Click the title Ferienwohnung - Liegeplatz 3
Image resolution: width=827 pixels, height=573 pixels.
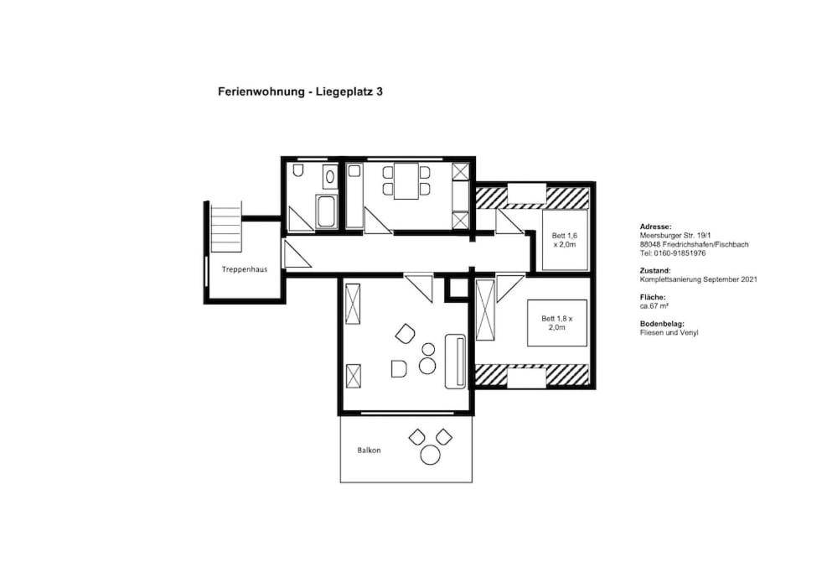(300, 91)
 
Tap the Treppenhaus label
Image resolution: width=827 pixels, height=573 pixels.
(244, 269)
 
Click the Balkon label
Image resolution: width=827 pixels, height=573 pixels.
(369, 451)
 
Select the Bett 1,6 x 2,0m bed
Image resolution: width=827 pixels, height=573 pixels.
(565, 240)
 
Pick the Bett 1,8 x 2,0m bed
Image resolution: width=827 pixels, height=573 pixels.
(557, 323)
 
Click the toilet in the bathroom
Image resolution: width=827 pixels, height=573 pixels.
(298, 170)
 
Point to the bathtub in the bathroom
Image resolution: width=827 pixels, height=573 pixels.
(327, 212)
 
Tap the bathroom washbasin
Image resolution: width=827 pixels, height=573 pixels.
(330, 175)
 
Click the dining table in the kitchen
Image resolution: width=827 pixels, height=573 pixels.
(406, 180)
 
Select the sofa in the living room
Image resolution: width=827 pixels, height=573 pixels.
(455, 362)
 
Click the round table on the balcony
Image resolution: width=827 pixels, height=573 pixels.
(431, 455)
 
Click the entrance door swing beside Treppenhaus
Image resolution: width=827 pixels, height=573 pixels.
(295, 254)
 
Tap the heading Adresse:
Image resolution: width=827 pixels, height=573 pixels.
(655, 227)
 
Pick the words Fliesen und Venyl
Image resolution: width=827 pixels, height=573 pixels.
(669, 333)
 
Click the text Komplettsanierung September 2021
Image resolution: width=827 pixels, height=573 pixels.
(698, 279)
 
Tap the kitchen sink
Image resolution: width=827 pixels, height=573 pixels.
(354, 170)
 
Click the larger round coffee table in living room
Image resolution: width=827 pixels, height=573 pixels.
(427, 366)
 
